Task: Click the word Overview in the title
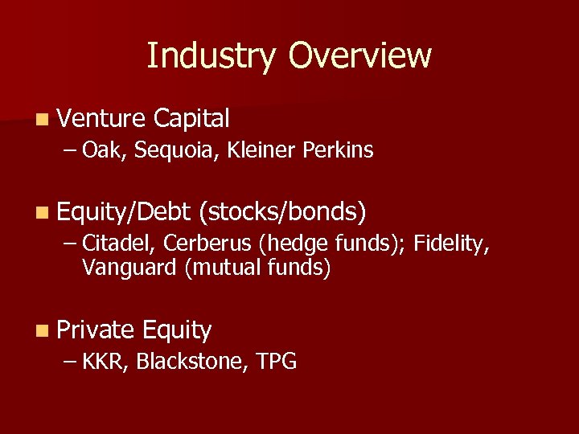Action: [x=360, y=56]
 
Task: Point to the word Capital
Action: [x=191, y=120]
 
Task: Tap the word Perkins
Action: [x=339, y=149]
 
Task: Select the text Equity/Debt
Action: [x=123, y=212]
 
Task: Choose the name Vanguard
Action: [x=129, y=268]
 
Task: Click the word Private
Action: [x=96, y=330]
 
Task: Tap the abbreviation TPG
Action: [x=277, y=362]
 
